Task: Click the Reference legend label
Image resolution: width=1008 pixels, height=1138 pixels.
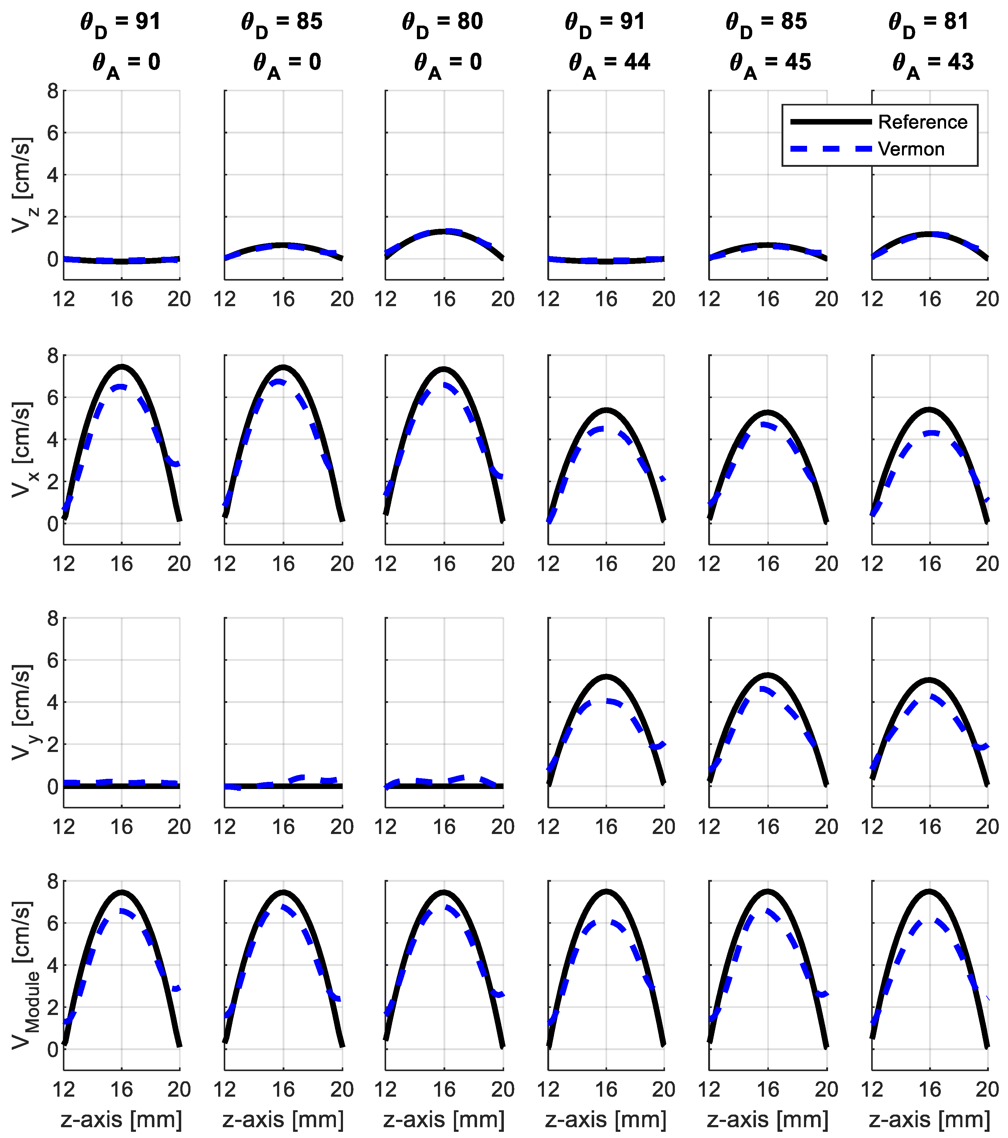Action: click(x=922, y=122)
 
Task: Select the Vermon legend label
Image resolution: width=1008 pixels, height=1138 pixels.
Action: click(x=911, y=149)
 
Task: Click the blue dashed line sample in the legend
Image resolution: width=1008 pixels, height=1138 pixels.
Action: click(x=830, y=149)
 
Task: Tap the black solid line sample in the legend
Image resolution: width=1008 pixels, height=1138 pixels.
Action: click(x=830, y=122)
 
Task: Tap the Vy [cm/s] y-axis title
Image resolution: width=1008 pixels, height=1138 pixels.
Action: click(x=22, y=712)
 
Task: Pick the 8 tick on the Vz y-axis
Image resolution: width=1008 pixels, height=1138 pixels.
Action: click(x=53, y=91)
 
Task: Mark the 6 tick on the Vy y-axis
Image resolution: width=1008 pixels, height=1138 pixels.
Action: click(x=53, y=660)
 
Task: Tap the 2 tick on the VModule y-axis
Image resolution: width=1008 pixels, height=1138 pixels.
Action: click(x=53, y=1008)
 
